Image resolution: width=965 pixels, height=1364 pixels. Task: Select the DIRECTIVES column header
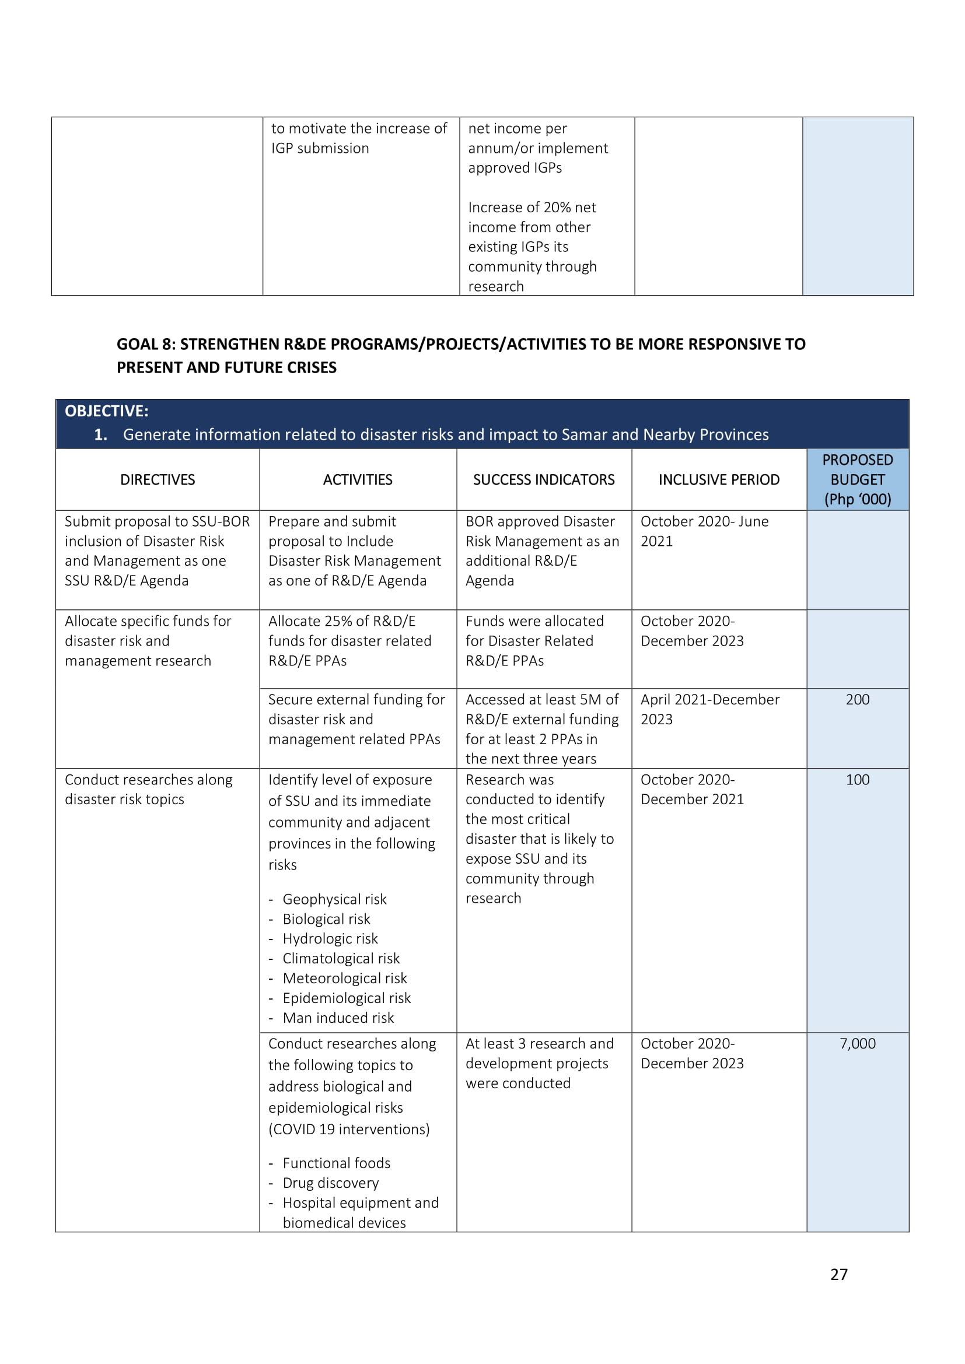pos(158,479)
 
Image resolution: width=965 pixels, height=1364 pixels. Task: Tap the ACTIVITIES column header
pos(358,479)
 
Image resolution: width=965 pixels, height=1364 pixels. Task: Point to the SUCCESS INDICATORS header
pos(544,479)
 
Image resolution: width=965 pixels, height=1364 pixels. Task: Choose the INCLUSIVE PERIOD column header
pos(719,479)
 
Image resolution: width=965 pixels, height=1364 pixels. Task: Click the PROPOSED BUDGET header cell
pos(858,479)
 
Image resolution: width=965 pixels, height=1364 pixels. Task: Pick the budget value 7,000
pos(858,1044)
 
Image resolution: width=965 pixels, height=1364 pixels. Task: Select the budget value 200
pos(858,699)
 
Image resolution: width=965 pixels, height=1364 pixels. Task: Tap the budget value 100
pos(858,780)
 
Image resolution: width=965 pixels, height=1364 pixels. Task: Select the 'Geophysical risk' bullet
pos(334,899)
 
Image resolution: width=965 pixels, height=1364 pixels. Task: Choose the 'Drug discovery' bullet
pos(330,1183)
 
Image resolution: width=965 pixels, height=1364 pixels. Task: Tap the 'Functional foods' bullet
pos(336,1163)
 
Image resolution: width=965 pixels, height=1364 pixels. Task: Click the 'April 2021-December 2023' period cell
pos(709,709)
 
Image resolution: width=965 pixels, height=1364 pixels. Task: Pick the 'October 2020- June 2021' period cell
pos(704,531)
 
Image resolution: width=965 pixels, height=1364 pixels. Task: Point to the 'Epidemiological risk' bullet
pos(347,998)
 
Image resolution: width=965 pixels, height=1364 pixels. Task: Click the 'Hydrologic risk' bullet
pos(330,939)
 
